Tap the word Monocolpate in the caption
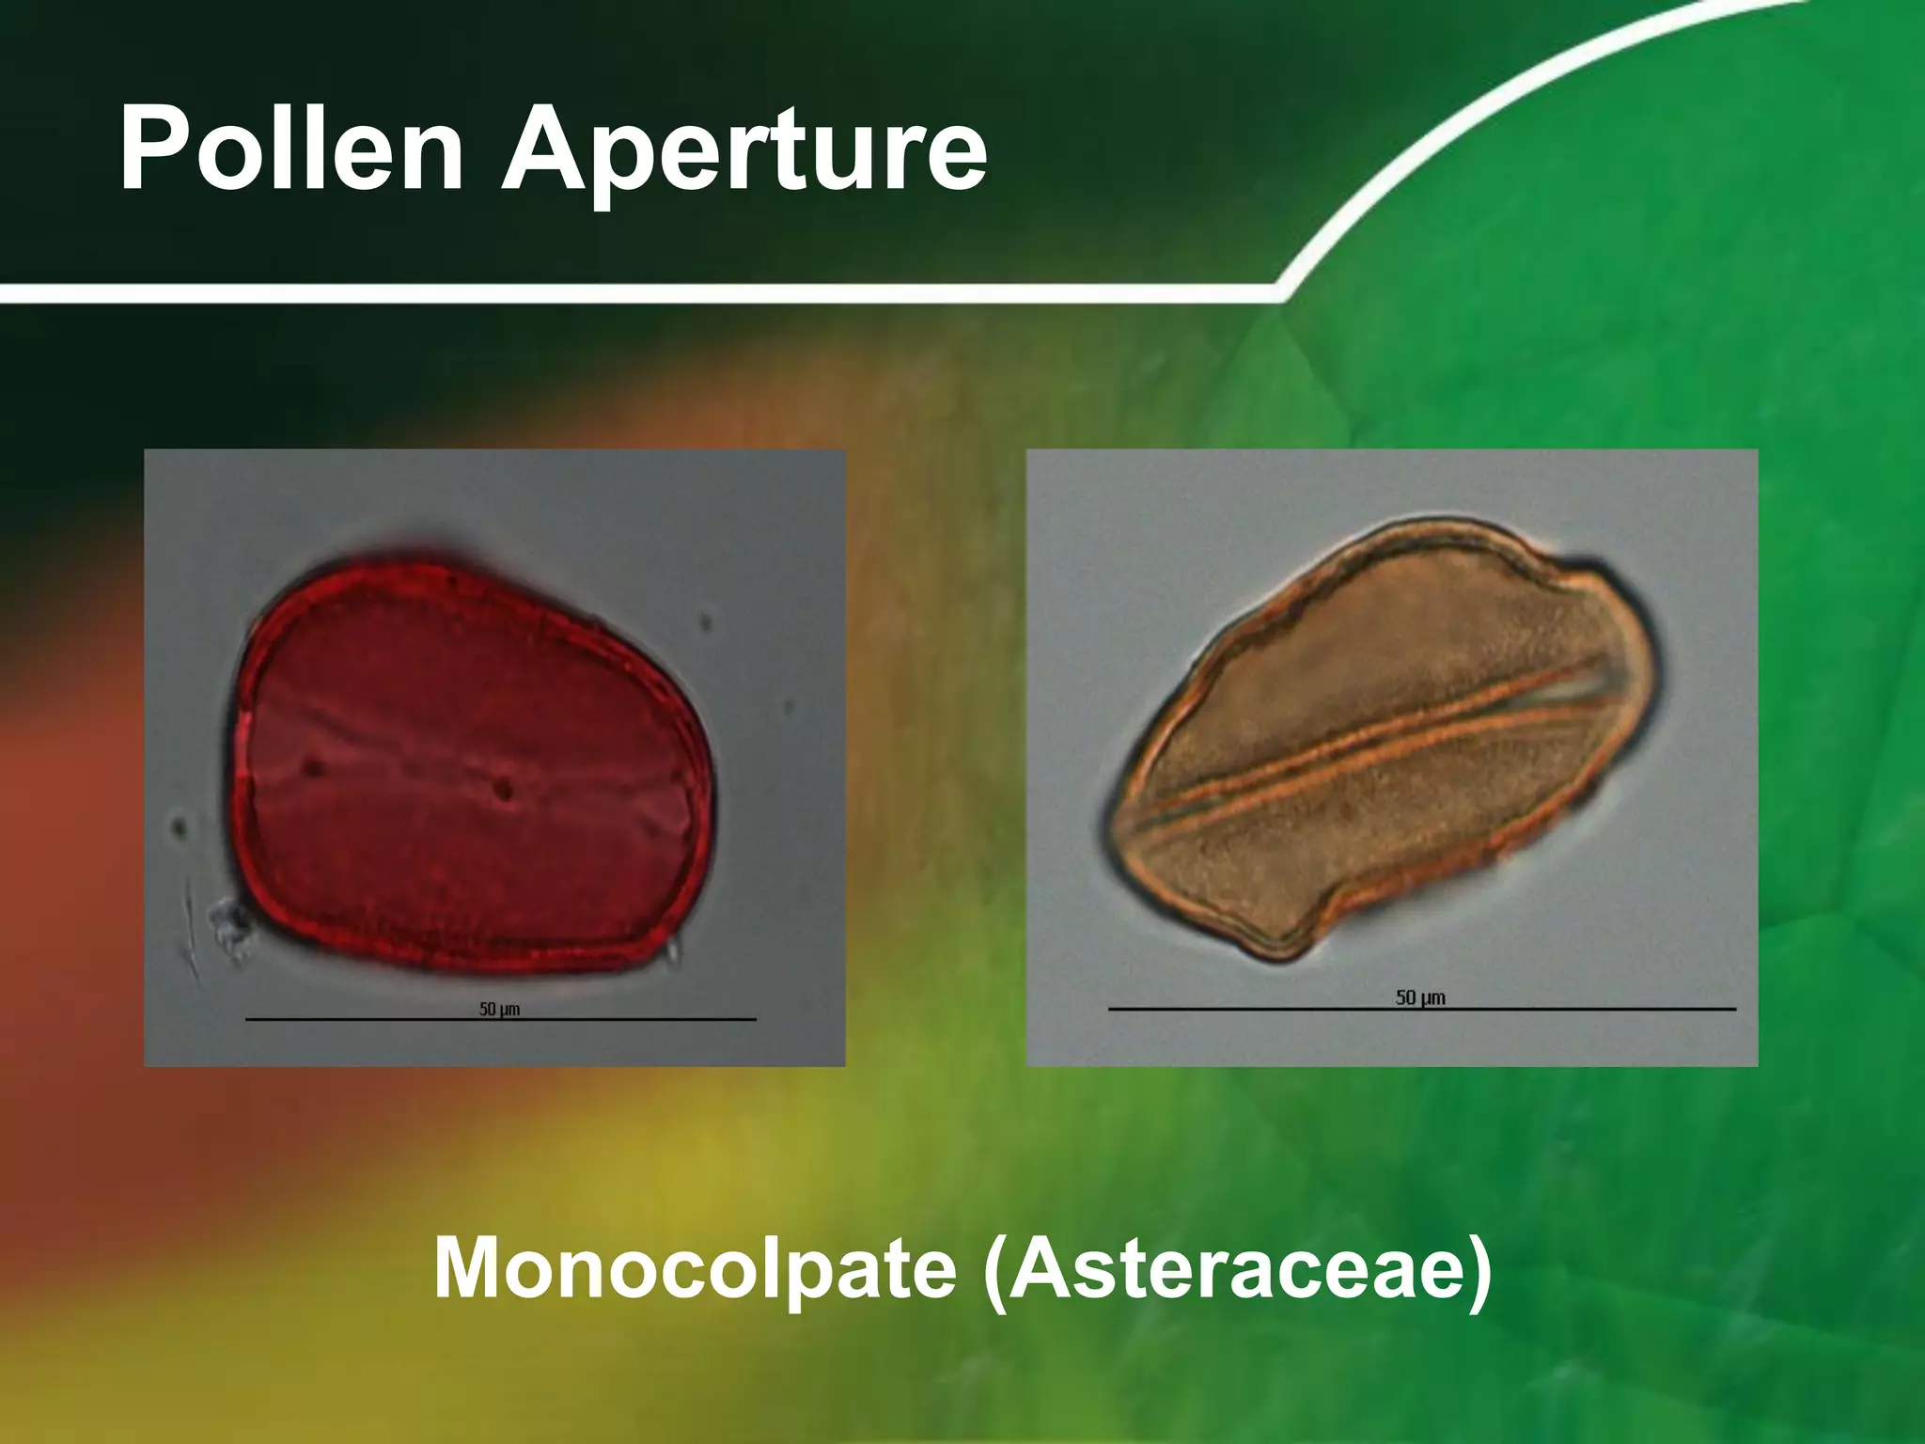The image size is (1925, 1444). tap(695, 1269)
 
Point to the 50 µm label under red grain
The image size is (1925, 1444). tap(499, 1009)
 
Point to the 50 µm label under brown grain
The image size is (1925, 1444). tap(1420, 997)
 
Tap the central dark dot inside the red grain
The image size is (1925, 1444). tap(505, 788)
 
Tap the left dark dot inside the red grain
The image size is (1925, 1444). tap(314, 768)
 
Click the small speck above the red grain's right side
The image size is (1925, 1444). tap(707, 622)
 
